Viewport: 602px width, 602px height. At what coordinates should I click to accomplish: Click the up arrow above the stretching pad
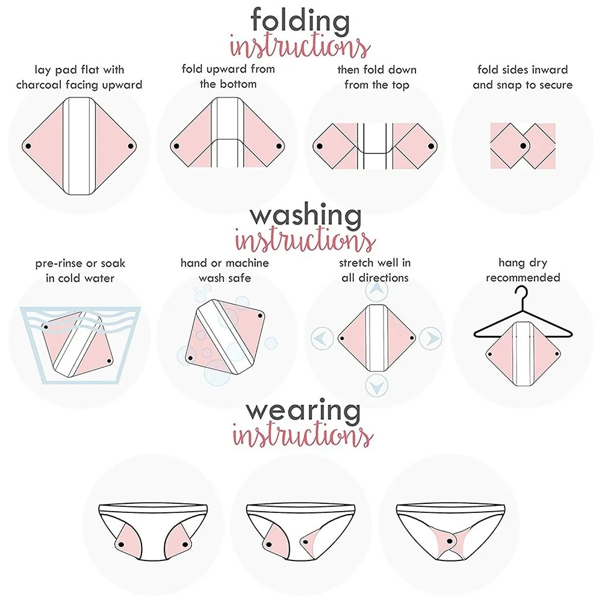click(377, 291)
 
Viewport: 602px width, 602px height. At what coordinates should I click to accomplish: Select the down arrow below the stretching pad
click(377, 386)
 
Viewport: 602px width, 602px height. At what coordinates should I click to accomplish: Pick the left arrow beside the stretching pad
click(321, 338)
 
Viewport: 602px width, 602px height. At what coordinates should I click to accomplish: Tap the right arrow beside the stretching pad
click(430, 338)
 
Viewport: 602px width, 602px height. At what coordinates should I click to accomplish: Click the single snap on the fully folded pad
click(523, 146)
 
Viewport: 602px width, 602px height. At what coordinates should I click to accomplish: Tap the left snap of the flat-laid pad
click(28, 146)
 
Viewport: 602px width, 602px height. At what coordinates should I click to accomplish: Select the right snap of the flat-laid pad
click(131, 146)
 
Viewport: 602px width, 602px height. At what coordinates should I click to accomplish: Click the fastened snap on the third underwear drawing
click(449, 541)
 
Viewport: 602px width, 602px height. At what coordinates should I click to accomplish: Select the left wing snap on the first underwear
click(122, 544)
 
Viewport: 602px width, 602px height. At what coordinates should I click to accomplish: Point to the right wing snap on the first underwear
click(185, 544)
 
